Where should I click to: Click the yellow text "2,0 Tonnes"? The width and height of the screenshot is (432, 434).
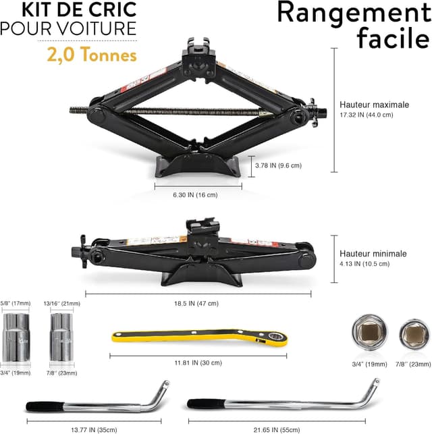92,55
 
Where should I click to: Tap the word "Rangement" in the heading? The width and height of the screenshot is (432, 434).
354,13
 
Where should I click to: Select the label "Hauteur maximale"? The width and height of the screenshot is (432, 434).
374,105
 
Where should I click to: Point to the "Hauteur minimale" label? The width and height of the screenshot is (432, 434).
373,254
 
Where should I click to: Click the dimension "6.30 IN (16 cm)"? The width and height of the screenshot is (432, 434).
195,195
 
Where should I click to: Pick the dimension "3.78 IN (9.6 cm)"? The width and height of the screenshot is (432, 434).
278,165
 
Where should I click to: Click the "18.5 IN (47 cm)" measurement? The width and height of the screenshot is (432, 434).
196,303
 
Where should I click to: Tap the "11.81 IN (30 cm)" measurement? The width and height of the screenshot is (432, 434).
198,362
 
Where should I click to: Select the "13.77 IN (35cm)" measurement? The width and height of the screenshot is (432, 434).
94,430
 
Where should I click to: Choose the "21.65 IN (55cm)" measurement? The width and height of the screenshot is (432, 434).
277,430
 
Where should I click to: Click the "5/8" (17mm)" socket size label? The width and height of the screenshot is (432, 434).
16,303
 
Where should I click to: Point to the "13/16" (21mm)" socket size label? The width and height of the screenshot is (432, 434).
61,303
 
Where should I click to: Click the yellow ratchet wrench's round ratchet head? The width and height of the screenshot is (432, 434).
275,337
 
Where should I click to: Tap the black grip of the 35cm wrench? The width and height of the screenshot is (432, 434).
45,406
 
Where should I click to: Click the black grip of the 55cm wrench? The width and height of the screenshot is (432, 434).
206,404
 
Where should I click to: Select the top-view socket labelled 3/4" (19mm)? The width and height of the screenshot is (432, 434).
370,332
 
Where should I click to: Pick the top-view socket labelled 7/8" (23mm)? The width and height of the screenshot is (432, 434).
414,334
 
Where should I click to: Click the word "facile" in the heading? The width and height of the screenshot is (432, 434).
394,38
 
